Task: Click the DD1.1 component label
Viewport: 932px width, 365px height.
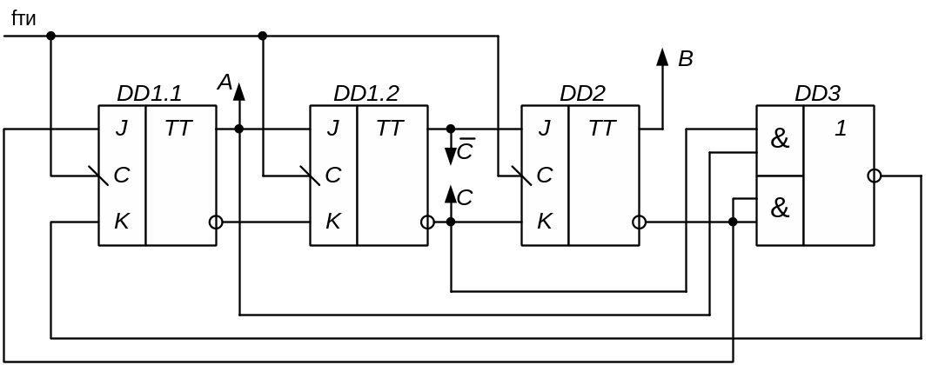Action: pos(149,93)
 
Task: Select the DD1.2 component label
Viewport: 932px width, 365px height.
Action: pos(366,93)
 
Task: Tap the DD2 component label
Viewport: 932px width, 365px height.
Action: pos(582,93)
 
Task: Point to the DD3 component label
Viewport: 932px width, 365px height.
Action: pos(817,93)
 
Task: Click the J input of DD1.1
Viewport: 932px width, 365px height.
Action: pos(122,129)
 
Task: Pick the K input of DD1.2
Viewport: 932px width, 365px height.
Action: pos(333,222)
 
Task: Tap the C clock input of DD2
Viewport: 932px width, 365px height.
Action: pos(545,176)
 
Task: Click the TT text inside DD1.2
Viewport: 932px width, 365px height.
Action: pos(390,129)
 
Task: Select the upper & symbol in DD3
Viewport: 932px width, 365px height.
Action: pos(780,139)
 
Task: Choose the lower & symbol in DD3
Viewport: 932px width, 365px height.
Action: pos(780,209)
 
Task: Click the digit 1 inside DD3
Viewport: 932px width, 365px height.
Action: pos(840,129)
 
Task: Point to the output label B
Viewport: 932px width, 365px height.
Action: pos(685,60)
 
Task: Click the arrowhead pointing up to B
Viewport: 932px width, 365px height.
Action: pos(662,57)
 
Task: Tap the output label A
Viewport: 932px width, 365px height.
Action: pos(225,83)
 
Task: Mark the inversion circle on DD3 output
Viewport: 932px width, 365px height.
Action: pos(875,176)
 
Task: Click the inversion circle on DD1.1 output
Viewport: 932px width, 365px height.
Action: pos(216,222)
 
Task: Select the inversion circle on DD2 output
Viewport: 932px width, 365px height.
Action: pos(639,222)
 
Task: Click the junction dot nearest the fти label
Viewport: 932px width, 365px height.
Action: pos(50,36)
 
